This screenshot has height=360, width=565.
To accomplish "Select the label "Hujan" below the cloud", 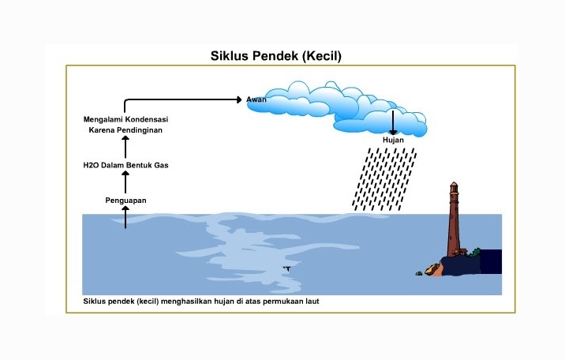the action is [x=393, y=140].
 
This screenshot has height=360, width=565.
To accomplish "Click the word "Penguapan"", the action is [x=125, y=201].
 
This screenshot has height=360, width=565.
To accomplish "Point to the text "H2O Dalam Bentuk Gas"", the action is [x=126, y=165].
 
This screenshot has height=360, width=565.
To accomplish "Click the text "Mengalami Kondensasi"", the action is [x=126, y=118].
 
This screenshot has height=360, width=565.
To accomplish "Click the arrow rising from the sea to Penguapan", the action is [x=125, y=217].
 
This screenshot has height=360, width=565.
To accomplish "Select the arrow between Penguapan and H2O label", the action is [x=125, y=182].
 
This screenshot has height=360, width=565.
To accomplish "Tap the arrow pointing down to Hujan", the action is [x=392, y=122].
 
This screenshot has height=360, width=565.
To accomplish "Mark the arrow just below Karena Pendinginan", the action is [x=125, y=147].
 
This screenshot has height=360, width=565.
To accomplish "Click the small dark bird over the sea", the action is [x=286, y=268].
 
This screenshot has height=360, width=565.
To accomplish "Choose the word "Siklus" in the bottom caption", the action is [x=95, y=302].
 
